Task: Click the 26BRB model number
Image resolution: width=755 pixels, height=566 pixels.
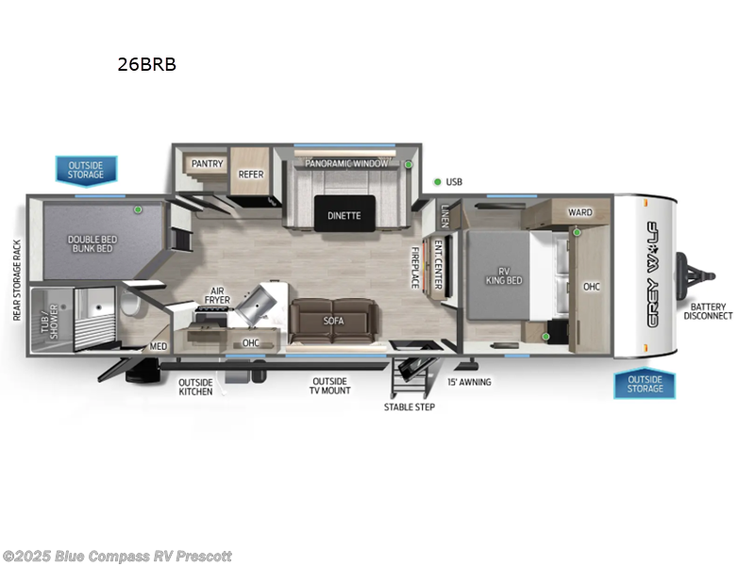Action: (x=146, y=65)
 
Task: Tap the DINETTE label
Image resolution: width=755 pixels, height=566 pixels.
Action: (x=344, y=215)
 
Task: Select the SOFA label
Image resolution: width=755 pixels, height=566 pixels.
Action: (x=333, y=321)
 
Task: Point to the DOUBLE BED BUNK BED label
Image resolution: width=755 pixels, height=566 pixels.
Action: (x=91, y=242)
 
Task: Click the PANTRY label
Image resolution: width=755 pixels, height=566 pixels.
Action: (x=207, y=163)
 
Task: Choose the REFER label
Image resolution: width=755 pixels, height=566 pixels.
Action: (x=250, y=174)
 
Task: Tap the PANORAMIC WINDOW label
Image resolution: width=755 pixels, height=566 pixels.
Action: (x=345, y=163)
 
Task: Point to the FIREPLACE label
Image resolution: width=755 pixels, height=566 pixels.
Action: (x=414, y=267)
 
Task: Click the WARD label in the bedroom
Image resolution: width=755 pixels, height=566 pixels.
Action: (x=579, y=212)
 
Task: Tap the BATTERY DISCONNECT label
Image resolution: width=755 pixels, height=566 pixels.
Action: (x=710, y=310)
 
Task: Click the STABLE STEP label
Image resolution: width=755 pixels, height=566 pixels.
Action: (x=409, y=407)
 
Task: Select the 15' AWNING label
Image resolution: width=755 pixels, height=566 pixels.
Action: (x=469, y=382)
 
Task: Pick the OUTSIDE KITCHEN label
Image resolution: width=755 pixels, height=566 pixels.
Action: (x=195, y=386)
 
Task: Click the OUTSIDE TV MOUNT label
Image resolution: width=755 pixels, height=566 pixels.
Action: (x=331, y=386)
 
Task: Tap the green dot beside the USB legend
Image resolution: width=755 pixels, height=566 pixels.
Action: (x=437, y=181)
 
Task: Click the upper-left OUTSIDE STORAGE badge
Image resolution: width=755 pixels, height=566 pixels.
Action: (x=85, y=171)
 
